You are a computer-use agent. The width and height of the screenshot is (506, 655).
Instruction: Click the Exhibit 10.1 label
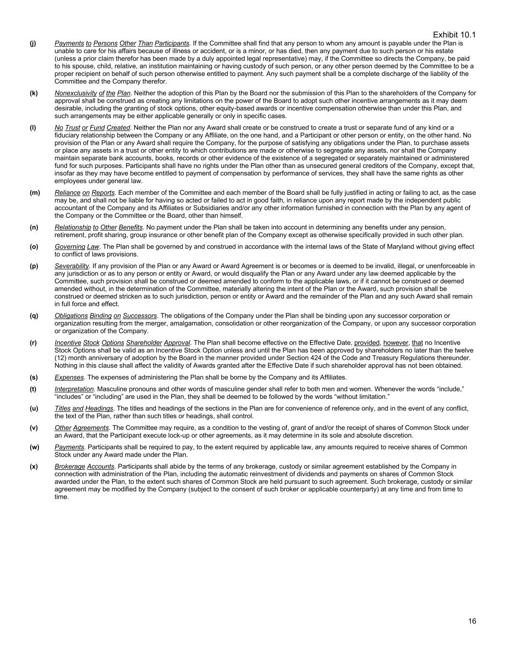point(454,35)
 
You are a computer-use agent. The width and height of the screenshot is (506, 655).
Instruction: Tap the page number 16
point(472,621)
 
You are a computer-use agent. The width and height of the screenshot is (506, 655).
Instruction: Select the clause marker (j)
point(33,43)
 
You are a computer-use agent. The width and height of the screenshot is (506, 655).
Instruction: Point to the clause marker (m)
point(35,192)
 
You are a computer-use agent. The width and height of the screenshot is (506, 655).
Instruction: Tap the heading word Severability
point(71,266)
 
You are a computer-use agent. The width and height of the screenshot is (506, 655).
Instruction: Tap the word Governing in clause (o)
point(70,247)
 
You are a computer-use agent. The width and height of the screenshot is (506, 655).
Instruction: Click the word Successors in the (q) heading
point(140,316)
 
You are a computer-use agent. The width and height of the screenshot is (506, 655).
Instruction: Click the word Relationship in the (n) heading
point(72,227)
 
